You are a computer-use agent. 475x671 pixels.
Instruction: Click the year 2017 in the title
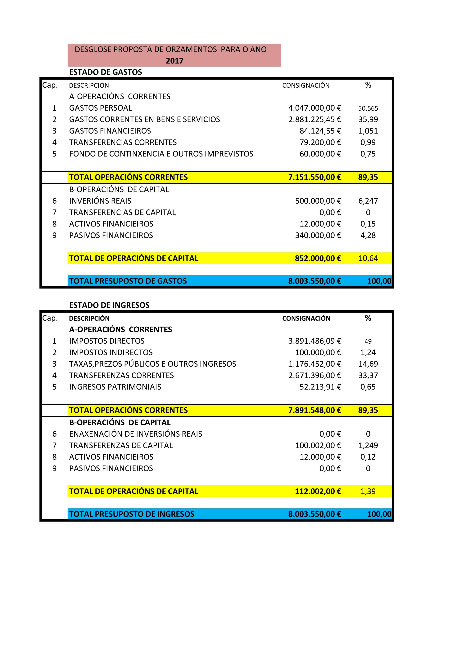tap(175, 61)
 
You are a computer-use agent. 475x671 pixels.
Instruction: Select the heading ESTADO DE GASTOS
tap(105, 72)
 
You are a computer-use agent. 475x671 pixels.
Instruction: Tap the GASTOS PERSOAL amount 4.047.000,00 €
tap(314, 108)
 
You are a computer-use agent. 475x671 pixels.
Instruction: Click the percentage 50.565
tap(368, 108)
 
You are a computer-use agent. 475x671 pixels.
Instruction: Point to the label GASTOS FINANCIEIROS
tap(110, 131)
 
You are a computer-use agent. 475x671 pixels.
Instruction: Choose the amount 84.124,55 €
tap(320, 131)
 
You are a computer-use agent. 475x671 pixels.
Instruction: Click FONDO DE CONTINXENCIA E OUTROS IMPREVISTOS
tap(161, 154)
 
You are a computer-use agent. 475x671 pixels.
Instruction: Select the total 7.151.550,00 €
tap(314, 177)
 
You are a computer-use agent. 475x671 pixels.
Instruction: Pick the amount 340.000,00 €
tap(318, 236)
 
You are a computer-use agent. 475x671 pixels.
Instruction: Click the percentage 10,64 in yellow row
tap(368, 258)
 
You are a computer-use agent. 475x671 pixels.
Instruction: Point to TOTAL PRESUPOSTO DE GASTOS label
tap(128, 281)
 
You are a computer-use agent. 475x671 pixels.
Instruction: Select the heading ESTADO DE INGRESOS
tap(109, 305)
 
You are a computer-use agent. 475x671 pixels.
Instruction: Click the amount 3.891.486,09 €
tap(314, 341)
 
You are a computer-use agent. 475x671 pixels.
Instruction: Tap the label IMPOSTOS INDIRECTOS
tap(111, 352)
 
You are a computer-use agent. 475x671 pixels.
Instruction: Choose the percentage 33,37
tap(368, 376)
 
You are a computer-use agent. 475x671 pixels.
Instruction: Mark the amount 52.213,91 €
tap(320, 387)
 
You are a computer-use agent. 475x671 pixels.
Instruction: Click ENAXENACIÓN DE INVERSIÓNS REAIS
tap(135, 434)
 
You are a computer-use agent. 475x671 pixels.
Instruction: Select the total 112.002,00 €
tap(318, 491)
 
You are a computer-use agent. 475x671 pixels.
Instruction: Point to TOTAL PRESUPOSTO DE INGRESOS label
tap(132, 514)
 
